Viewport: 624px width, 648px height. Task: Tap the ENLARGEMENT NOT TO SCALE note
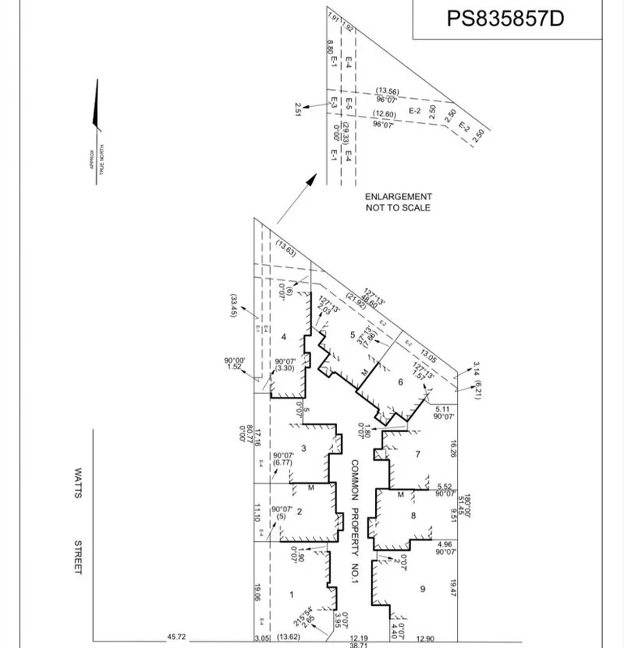tap(398, 202)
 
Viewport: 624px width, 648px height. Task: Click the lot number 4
tap(284, 336)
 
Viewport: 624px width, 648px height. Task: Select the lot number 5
tap(353, 335)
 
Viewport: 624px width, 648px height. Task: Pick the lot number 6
tap(400, 382)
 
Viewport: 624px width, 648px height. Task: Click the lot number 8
tap(413, 516)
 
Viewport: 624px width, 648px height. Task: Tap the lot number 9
tap(422, 589)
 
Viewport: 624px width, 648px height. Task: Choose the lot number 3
tap(302, 449)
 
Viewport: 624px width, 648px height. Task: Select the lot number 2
tap(299, 511)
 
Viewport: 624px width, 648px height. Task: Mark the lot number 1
tap(291, 595)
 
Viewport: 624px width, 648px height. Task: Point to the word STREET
tap(79, 558)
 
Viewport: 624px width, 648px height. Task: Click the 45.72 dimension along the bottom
tap(177, 638)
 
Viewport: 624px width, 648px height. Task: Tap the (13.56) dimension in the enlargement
tap(387, 92)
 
